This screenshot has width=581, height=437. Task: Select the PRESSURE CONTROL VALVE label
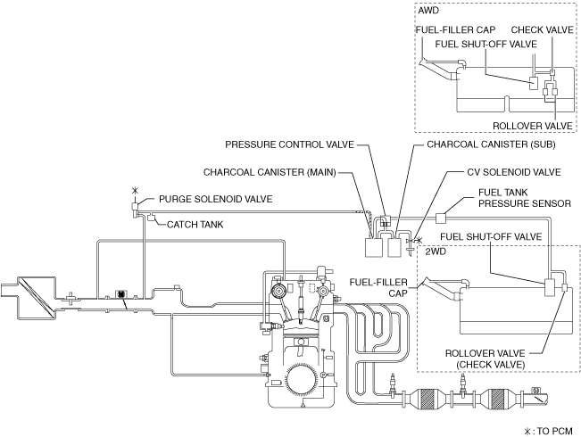pos(290,143)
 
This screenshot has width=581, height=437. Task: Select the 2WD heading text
pos(436,252)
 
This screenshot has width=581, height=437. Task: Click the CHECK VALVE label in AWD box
pos(542,29)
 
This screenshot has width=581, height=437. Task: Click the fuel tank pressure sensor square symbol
pos(440,215)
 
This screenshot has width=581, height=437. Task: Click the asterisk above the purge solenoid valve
pos(135,191)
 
